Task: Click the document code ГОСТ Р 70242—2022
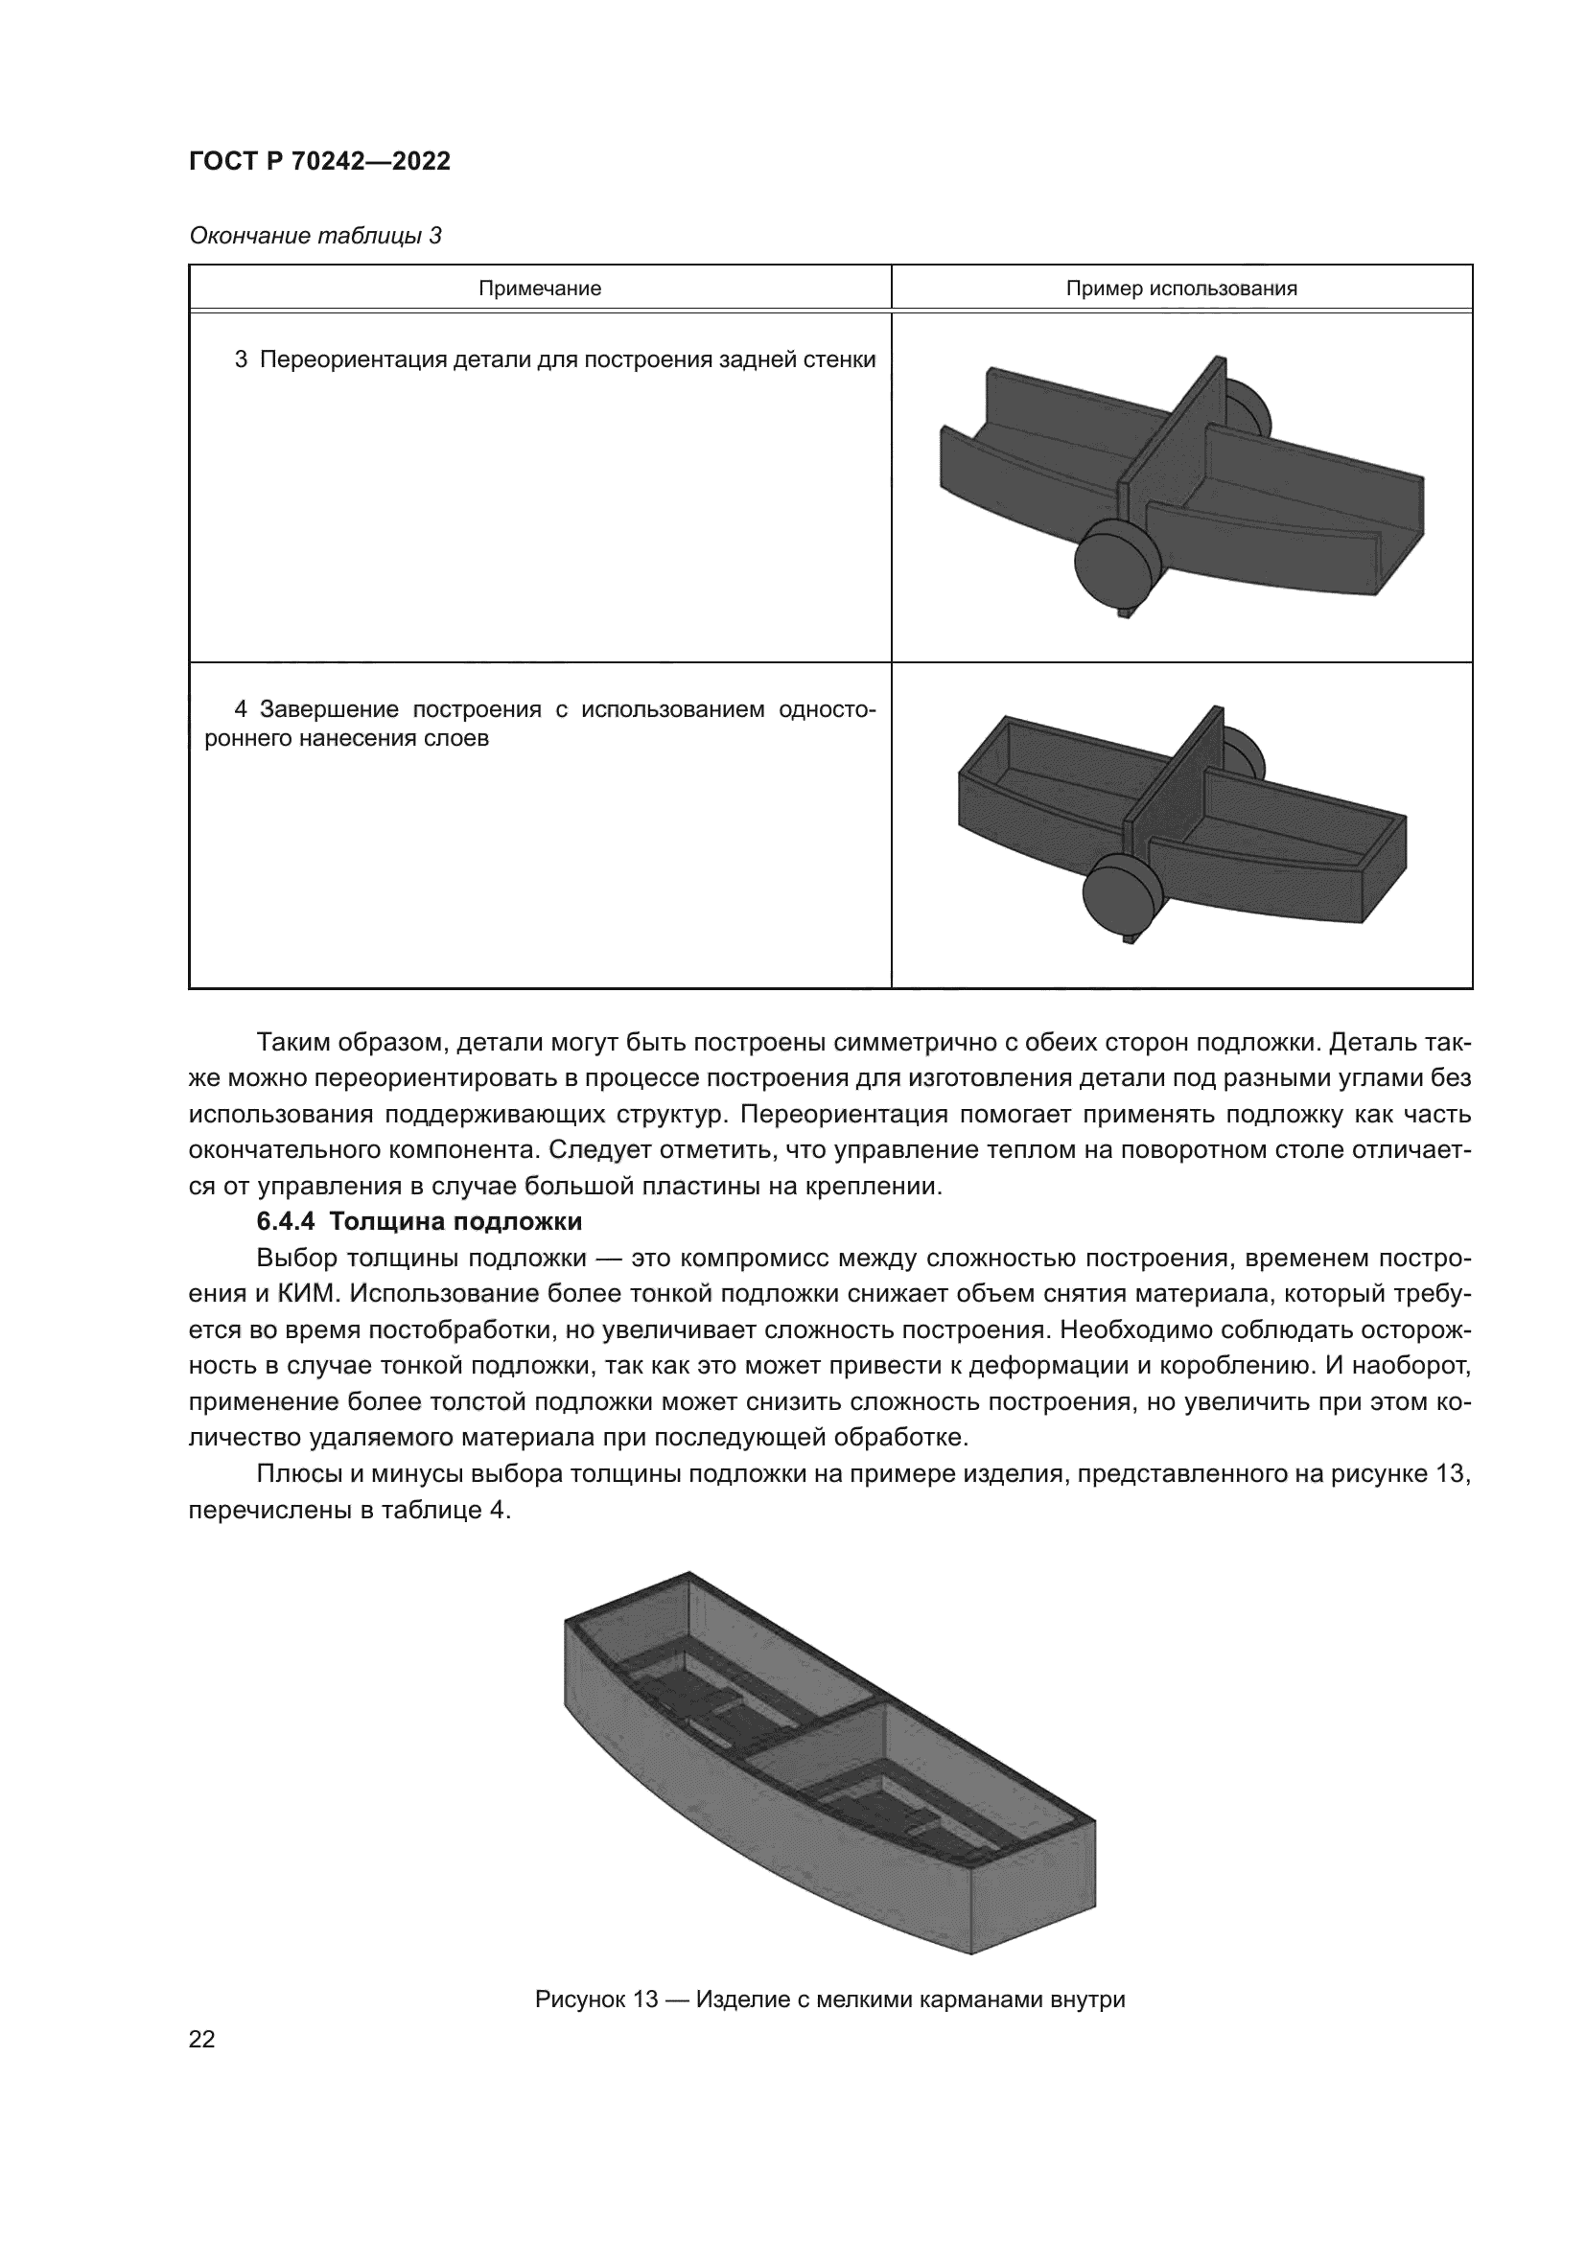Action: tap(319, 162)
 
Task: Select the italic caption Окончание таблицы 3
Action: tap(315, 237)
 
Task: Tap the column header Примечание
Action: tap(539, 289)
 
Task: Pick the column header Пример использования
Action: tap(1180, 289)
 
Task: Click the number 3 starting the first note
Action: tap(241, 359)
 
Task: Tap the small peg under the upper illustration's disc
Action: tap(1123, 615)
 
